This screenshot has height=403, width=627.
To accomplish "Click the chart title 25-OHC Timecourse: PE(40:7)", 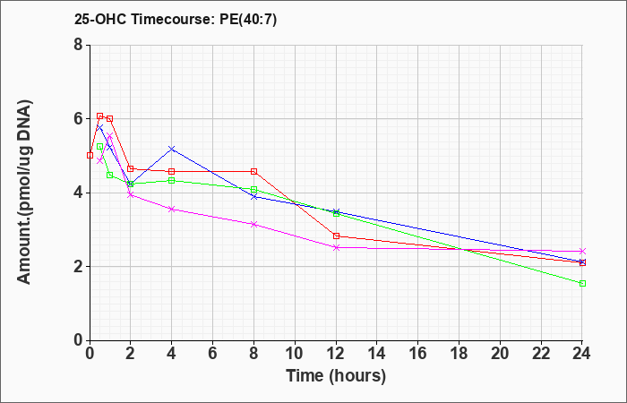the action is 176,20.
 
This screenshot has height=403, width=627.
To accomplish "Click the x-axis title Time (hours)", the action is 336,376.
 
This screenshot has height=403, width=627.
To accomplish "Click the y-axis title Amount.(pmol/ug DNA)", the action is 24,193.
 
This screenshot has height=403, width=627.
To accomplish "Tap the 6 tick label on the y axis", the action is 78,119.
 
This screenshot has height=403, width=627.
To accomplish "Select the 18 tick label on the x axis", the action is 459,354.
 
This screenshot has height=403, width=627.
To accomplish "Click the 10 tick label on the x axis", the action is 295,354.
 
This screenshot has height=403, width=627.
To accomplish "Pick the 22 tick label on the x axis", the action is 541,354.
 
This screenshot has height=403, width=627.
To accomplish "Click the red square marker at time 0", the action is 90,156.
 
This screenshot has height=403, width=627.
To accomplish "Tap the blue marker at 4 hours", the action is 172,149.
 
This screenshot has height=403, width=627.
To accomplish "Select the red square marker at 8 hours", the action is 253,172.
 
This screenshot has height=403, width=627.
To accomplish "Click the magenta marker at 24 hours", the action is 582,251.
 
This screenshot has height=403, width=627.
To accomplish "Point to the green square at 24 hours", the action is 582,284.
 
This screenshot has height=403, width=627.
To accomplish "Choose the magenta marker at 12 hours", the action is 336,247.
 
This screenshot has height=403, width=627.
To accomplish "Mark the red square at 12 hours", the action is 336,236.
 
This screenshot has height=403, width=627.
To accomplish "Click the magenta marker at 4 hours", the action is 172,209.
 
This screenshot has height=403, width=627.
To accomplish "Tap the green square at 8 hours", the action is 253,189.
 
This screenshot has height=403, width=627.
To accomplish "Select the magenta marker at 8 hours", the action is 253,224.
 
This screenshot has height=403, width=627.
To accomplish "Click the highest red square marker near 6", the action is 100,116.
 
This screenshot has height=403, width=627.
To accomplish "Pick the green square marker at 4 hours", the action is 172,181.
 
